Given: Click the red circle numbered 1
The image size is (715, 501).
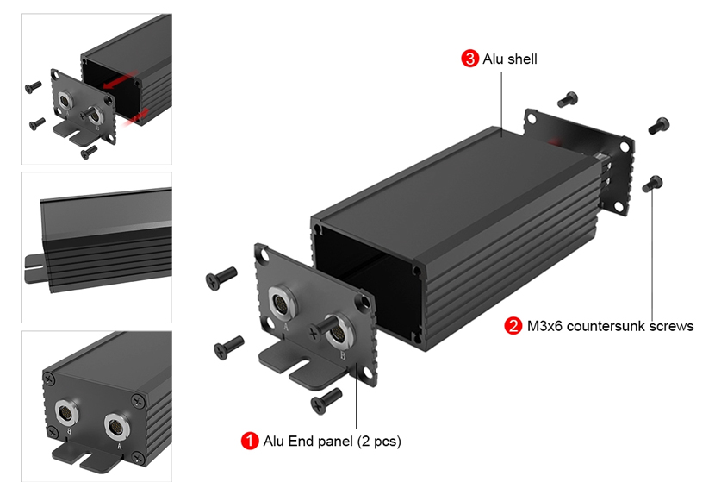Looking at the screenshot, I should pos(250,442).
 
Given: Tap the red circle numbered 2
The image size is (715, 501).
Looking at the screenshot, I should pos(513,326).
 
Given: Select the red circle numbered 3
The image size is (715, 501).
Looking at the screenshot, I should pos(469,59).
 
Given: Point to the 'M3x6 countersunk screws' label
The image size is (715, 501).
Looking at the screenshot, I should pos(610,326).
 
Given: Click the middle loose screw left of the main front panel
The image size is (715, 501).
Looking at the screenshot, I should pos(228,347).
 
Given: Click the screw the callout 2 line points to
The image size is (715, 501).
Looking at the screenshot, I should pos(652,183).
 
